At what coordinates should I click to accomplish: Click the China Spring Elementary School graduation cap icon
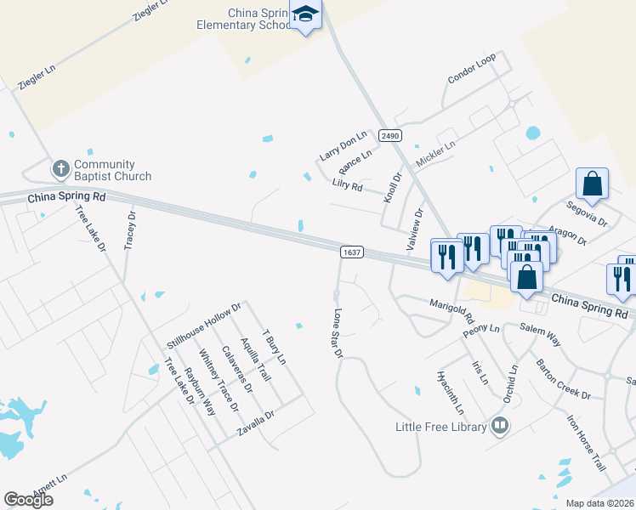click(x=305, y=14)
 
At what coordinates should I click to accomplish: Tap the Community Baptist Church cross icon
click(x=61, y=168)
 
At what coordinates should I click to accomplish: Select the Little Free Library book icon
click(x=500, y=426)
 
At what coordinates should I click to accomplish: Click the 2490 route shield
click(x=390, y=136)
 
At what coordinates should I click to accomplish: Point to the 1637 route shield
click(x=352, y=252)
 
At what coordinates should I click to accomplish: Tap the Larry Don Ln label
click(x=343, y=145)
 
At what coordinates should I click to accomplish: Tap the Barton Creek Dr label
click(x=563, y=379)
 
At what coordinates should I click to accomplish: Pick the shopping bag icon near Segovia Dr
click(x=592, y=183)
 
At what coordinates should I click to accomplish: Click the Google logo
click(x=28, y=500)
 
